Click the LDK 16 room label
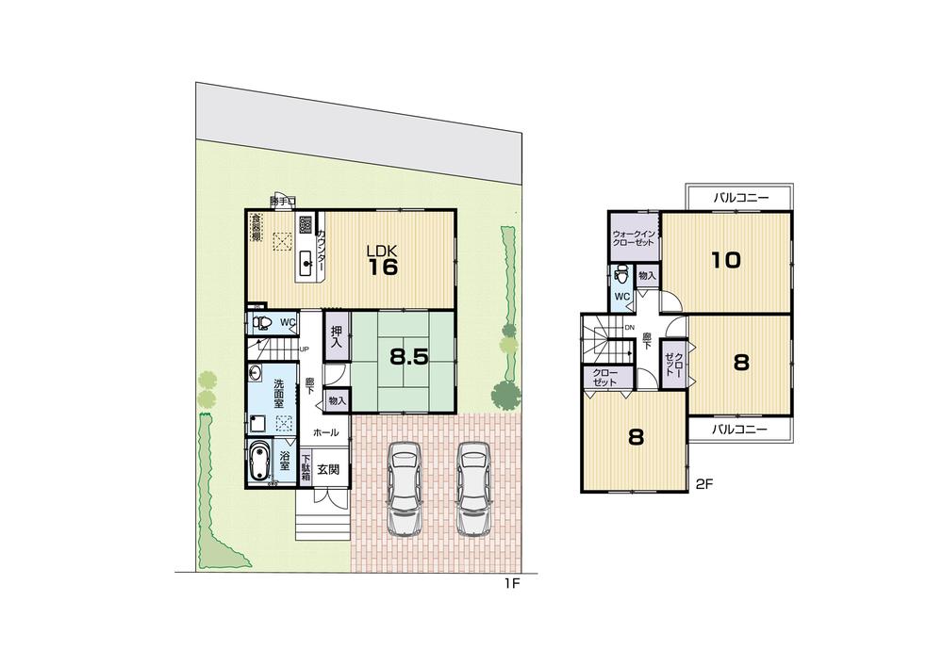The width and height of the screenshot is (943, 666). pos(382,260)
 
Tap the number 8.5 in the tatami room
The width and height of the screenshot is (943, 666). pos(409,358)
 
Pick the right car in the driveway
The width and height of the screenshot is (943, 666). pos(472,488)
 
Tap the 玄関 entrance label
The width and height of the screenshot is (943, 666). pos(327,468)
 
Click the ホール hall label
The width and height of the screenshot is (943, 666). pos(326,432)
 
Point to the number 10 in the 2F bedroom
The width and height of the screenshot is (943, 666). pos(725,260)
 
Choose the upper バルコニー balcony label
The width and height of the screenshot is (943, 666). pos(740,199)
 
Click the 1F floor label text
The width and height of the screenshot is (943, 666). pos(510,584)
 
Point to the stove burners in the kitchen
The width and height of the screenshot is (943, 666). pos(306,225)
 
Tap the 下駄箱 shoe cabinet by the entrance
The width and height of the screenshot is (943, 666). pos(306,469)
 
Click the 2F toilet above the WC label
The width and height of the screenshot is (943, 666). pos(620,276)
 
